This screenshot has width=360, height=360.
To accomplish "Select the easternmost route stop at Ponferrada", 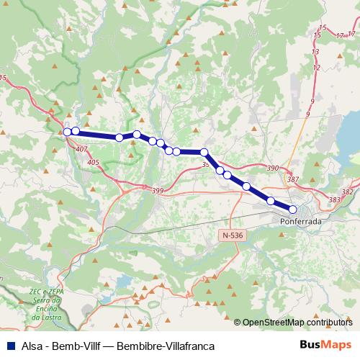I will click(x=292, y=210).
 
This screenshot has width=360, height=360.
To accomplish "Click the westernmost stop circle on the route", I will click(x=67, y=132).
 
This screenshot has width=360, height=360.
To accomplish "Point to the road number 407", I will click(x=81, y=149).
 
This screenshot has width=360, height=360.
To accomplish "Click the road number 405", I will click(x=93, y=163).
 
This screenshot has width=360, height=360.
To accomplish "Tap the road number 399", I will click(x=158, y=190).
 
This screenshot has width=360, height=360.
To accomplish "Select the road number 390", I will click(x=272, y=168).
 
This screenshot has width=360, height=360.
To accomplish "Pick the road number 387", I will click(x=292, y=179).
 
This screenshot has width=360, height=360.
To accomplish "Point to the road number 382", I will click(x=348, y=192).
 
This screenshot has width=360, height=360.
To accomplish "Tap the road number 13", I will click(x=315, y=53).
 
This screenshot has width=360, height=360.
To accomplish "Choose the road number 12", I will click(x=316, y=68).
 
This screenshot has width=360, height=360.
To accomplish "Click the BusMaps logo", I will click(x=325, y=346).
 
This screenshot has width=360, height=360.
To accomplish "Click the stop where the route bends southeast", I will click(x=204, y=152).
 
